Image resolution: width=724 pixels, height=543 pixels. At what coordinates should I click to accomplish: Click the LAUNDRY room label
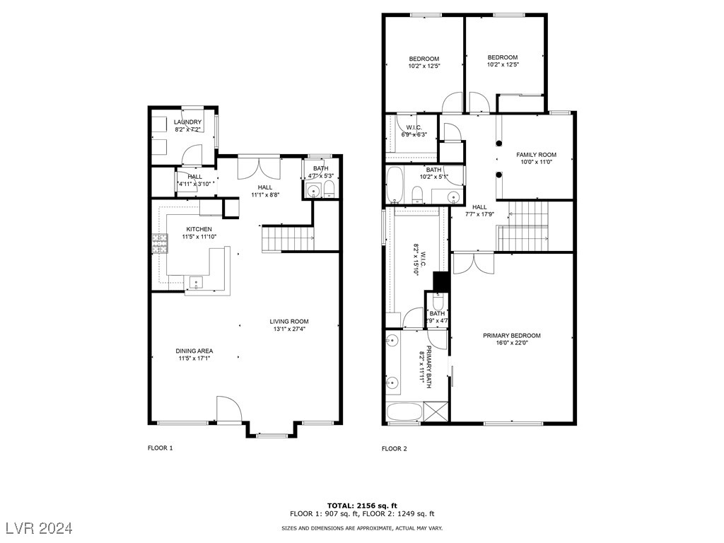coord(187,122)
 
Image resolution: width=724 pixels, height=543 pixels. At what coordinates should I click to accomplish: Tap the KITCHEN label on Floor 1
coord(199,229)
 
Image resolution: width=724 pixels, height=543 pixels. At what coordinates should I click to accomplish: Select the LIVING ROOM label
coord(290,322)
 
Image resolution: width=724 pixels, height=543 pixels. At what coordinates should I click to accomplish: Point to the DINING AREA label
coord(194,351)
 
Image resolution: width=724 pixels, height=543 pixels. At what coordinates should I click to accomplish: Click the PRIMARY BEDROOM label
coord(511,336)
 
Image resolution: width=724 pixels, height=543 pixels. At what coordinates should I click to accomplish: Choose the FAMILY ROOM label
coord(536,155)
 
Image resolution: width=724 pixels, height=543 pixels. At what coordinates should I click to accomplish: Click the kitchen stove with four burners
coord(159,243)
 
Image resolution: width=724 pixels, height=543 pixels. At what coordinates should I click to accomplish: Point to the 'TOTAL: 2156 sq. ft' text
coord(361,506)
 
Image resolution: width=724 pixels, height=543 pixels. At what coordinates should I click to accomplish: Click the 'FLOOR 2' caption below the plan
coord(394,448)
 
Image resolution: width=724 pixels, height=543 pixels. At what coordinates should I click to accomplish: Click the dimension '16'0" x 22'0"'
coord(511,344)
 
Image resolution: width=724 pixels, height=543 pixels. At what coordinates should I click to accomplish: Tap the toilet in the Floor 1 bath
coord(329,187)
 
